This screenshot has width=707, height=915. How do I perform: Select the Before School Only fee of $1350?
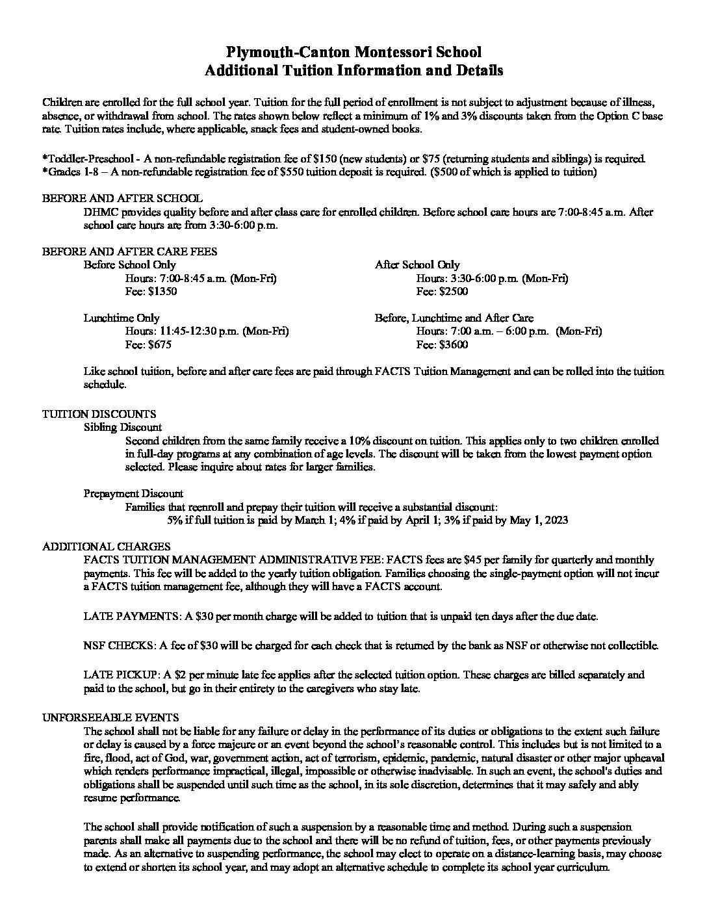coord(163,292)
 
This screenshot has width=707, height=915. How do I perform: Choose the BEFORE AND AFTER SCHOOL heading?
coord(122,198)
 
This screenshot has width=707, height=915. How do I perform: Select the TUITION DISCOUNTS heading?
coord(99,414)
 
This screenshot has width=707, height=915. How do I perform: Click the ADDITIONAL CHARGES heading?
coord(107,547)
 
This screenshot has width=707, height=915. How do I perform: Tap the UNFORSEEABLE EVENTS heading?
coord(110,717)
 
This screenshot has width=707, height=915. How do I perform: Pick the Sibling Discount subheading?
coord(123,427)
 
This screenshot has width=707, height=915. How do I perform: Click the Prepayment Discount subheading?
coord(133,493)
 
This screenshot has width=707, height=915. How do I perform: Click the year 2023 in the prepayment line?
coord(556,520)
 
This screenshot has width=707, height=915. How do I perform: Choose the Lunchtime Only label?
coord(122,318)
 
